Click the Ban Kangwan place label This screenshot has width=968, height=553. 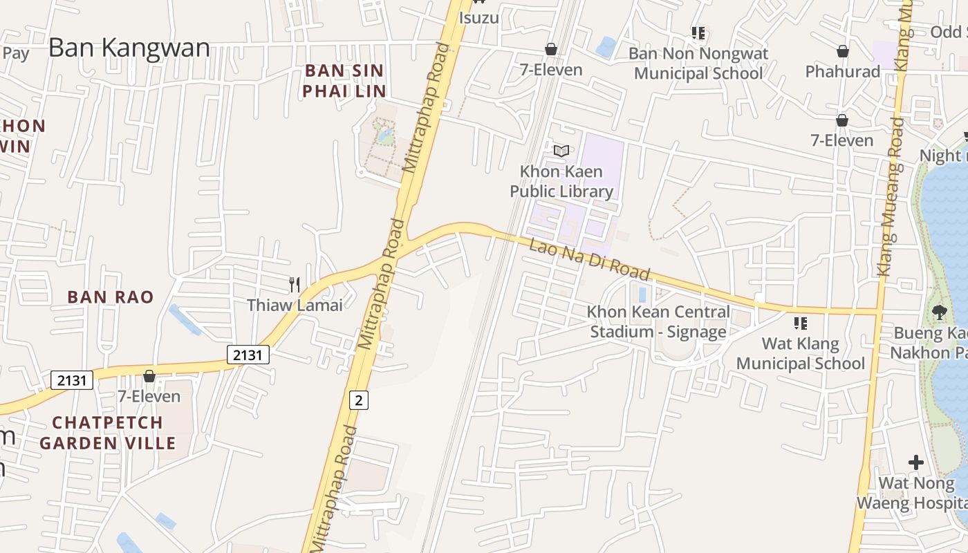click(129, 48)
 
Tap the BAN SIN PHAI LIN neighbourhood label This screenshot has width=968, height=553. click(344, 80)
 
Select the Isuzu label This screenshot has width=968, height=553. click(478, 17)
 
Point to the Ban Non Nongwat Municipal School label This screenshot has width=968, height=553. click(698, 63)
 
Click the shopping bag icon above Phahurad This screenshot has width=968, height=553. click(843, 51)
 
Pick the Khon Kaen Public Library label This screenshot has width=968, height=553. click(561, 181)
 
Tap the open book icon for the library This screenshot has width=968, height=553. click(561, 151)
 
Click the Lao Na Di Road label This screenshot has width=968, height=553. click(590, 259)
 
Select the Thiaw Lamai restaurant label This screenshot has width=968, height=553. click(295, 305)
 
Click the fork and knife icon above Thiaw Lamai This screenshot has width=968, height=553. click(295, 284)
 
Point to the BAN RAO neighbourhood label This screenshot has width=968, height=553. click(111, 297)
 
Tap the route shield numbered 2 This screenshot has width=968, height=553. click(359, 400)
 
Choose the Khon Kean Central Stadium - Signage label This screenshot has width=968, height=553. click(658, 321)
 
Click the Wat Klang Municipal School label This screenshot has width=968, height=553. click(801, 353)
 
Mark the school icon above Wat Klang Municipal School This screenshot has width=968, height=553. click(801, 323)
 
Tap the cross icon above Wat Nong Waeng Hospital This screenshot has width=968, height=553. click(916, 462)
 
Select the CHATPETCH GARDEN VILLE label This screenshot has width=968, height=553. click(108, 432)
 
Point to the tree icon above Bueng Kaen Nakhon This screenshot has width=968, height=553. click(940, 312)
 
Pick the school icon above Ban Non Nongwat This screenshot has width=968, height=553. click(698, 32)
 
